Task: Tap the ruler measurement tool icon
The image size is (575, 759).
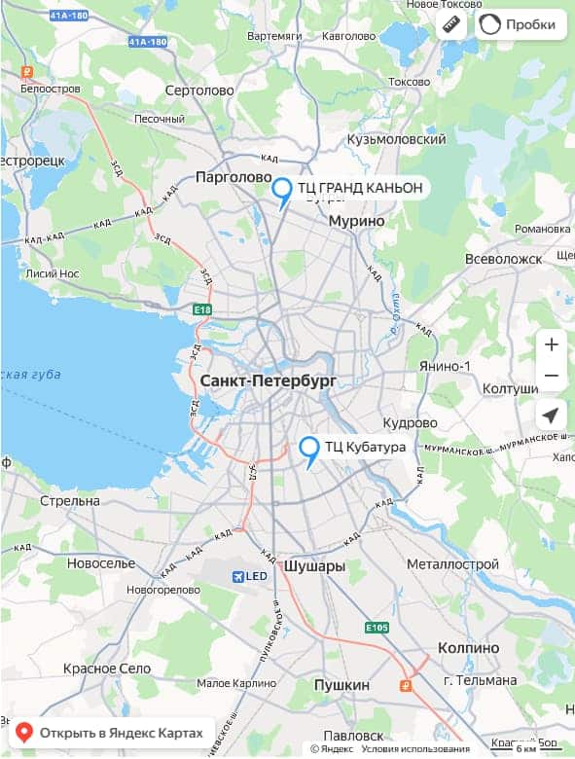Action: [x=450, y=24]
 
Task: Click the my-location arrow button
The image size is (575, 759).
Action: [x=551, y=415]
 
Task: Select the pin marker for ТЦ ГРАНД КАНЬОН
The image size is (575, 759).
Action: [x=282, y=191]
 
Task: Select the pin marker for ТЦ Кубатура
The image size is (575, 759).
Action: [x=309, y=450]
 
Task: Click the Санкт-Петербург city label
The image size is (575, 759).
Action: [x=268, y=381]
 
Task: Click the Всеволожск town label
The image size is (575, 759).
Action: [x=502, y=259]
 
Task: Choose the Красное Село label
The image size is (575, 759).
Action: [x=107, y=669]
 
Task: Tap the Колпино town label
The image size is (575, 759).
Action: [x=468, y=648]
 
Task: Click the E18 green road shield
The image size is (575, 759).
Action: [x=202, y=309]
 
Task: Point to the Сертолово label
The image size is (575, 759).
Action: [x=200, y=90]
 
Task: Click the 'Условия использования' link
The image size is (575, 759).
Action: [x=415, y=748]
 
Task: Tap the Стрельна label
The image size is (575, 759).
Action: [x=70, y=501]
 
